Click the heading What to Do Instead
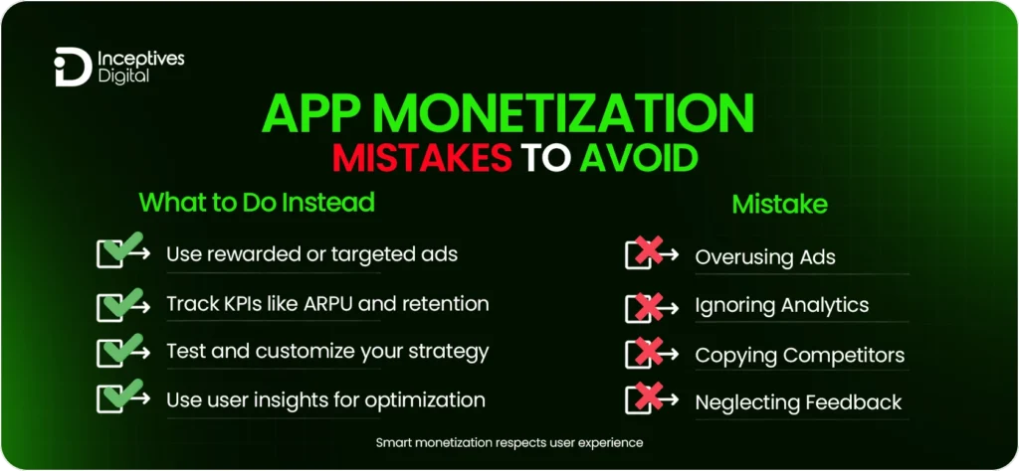[257, 203]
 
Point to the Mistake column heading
[780, 205]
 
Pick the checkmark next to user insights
[121, 399]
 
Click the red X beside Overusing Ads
[649, 255]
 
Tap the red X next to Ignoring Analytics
[649, 305]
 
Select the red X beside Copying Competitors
[649, 354]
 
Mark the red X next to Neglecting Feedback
[649, 401]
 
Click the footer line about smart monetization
[509, 442]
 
